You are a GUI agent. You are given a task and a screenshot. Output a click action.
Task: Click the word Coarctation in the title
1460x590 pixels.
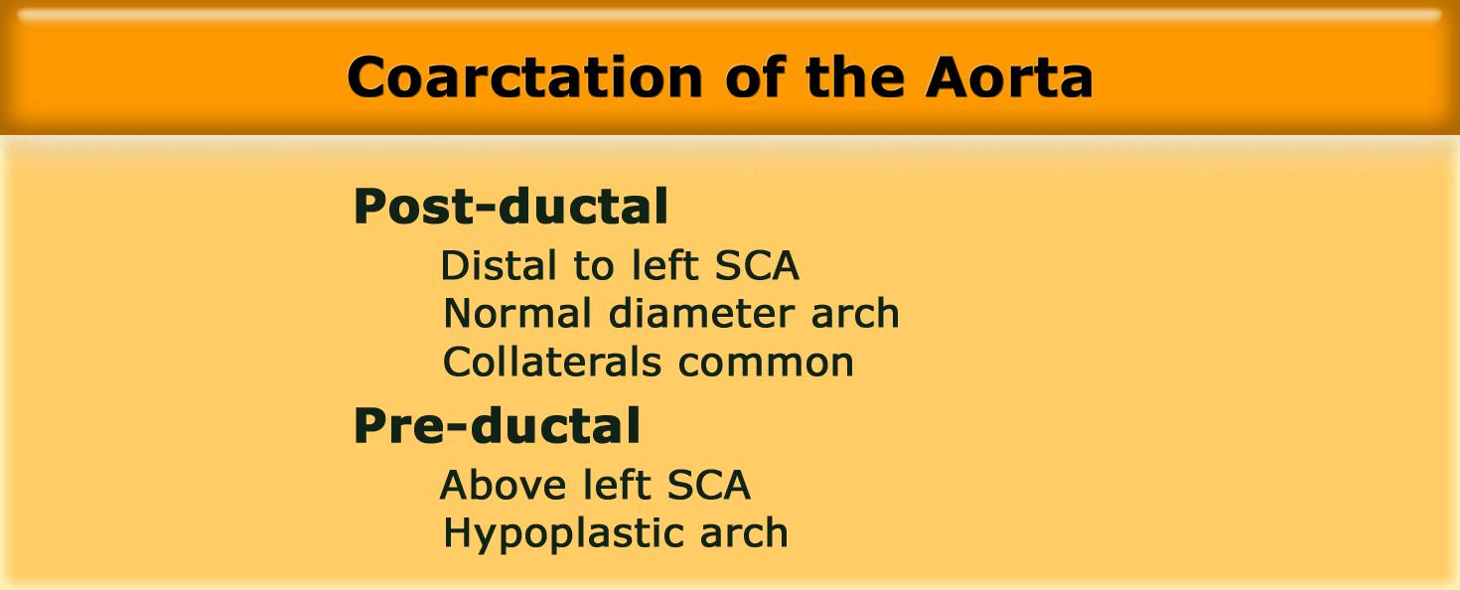click(x=524, y=77)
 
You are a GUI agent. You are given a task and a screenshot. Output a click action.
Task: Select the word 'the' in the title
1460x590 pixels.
click(x=855, y=76)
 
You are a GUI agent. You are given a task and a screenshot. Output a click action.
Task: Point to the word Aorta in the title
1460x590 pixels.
click(x=1008, y=77)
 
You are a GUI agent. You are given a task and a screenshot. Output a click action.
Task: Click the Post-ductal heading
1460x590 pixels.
click(x=511, y=206)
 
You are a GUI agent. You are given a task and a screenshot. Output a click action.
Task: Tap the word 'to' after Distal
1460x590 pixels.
click(x=594, y=266)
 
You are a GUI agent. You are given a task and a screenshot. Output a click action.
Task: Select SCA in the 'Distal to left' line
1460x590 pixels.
click(x=757, y=265)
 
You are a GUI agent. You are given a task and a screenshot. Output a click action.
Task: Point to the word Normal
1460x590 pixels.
click(x=517, y=314)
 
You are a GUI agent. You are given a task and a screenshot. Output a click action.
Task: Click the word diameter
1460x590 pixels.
click(x=701, y=314)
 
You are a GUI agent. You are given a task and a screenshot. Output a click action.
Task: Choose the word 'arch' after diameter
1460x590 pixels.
click(x=855, y=314)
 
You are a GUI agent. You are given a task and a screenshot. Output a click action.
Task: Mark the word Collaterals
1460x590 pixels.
click(x=552, y=362)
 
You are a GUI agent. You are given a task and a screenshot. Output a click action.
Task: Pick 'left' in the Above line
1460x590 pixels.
click(x=616, y=485)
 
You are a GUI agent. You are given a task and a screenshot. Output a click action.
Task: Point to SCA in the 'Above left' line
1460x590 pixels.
click(x=708, y=485)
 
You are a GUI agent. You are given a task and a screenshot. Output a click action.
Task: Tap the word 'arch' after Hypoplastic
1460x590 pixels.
click(x=744, y=533)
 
